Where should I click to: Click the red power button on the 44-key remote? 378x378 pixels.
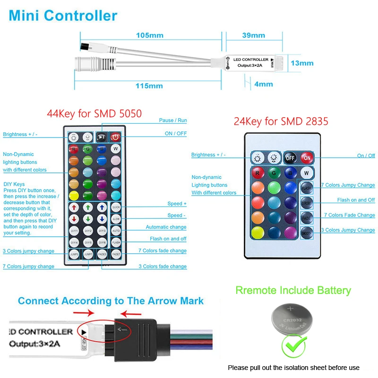click(116, 137)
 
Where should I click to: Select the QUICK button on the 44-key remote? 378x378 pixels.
click(116, 207)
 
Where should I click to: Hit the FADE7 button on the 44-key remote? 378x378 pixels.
click(116, 254)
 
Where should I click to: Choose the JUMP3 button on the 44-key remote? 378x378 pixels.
click(74, 254)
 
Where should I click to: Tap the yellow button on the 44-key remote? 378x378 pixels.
click(74, 195)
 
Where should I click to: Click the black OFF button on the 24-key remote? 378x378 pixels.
click(290, 158)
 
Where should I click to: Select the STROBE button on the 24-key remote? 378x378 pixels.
click(307, 202)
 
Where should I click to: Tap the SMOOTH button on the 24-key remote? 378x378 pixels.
click(307, 232)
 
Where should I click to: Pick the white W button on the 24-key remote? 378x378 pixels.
click(307, 172)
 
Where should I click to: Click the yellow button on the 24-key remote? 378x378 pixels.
click(258, 232)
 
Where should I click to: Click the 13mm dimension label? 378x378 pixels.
click(302, 63)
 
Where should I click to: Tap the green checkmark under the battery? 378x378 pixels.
click(293, 347)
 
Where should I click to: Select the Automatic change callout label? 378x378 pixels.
click(166, 227)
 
